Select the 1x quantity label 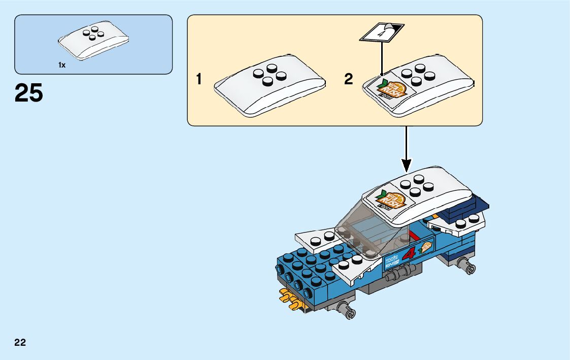(62, 65)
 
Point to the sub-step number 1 (199, 79)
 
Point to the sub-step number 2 (348, 79)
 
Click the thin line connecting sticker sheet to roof (381, 58)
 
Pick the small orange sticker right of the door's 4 (424, 247)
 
